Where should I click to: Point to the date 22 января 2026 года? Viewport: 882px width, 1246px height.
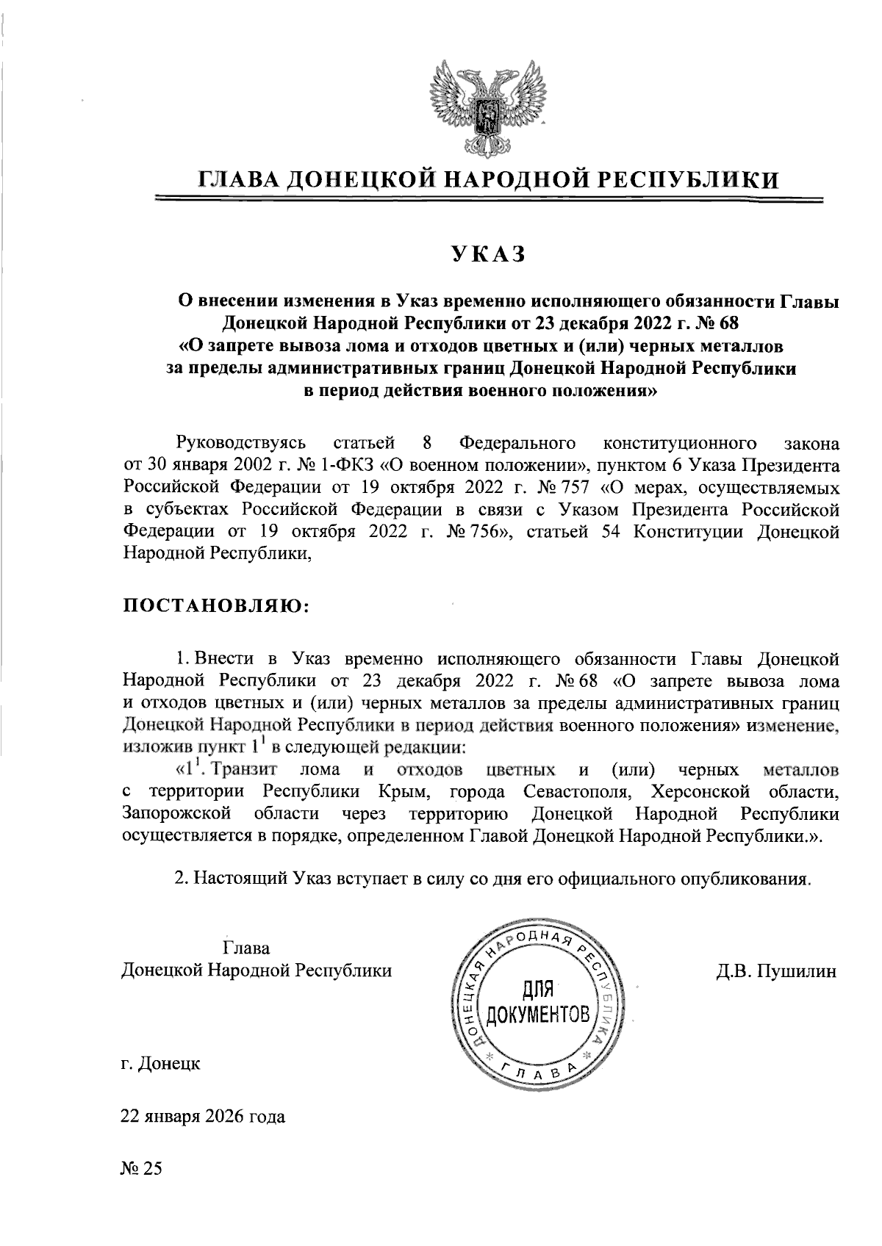pos(203,1117)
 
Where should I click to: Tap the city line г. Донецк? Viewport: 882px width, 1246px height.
pos(160,1064)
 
